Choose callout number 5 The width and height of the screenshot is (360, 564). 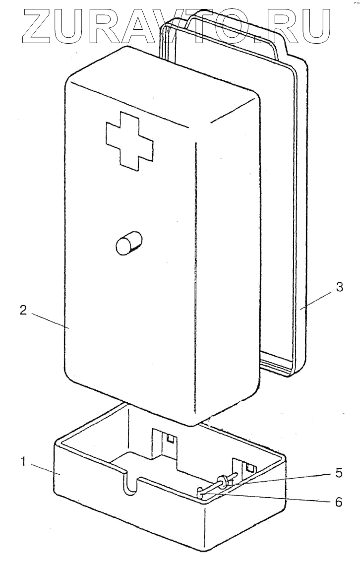tap(338, 473)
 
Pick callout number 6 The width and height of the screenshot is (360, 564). tap(338, 501)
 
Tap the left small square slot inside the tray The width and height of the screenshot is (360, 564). tap(170, 439)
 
